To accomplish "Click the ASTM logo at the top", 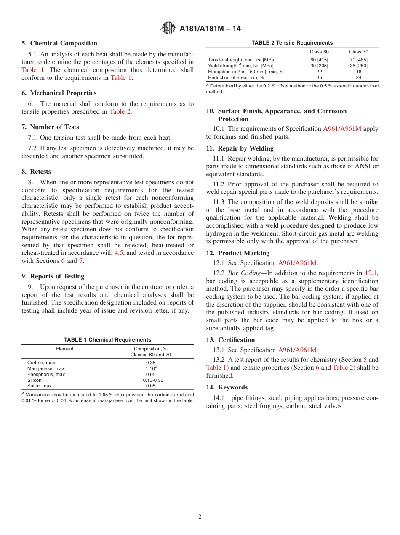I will tap(168, 29).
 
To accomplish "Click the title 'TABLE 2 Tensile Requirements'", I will tap(292, 43).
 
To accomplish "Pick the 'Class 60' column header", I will tap(319, 52).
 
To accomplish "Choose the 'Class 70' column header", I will tap(358, 52).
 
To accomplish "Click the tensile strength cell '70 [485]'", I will tap(358, 60).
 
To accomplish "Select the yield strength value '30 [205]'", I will tap(319, 66).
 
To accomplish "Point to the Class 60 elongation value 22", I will tap(319, 72).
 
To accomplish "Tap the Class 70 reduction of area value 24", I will tap(358, 77).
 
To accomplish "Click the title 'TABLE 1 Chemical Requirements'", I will tap(107, 340).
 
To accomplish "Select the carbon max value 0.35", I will tap(150, 363).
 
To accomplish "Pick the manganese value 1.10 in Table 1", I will tap(150, 368).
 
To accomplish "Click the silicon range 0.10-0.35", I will tap(153, 380).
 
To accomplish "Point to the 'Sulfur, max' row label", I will tap(40, 386).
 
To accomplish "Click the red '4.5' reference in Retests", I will tap(119, 253).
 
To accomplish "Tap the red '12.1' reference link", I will tap(371, 273).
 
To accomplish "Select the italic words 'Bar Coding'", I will tap(244, 273).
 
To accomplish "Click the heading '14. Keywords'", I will tap(227, 387).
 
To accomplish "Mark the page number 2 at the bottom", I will tap(200, 517).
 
